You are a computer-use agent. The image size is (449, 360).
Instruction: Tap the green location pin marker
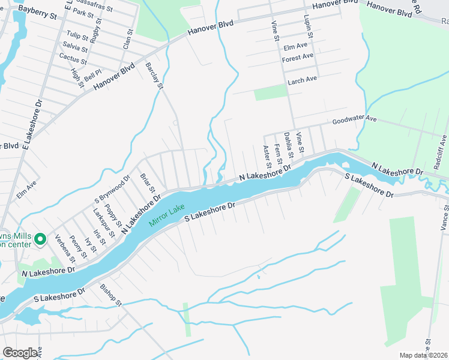coord(41,240)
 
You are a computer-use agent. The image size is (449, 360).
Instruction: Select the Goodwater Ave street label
coord(354,120)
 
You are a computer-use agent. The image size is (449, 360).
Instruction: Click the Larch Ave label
coord(302,80)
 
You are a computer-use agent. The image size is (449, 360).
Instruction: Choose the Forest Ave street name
coord(298,57)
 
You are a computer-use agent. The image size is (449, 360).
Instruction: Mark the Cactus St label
coord(73,58)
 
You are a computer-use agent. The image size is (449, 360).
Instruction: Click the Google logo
coord(20,353)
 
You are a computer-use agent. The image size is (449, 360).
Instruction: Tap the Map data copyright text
coord(423,355)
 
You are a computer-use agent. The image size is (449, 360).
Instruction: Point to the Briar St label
coord(148,182)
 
